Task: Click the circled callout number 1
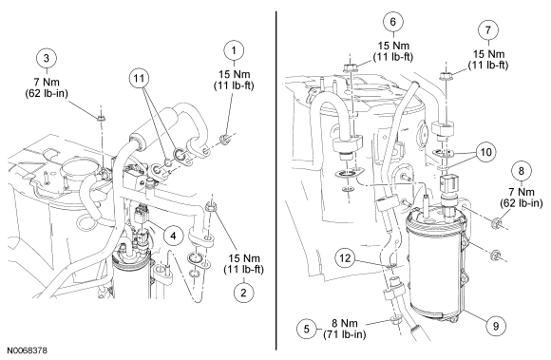(234, 50)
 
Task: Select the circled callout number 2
(244, 293)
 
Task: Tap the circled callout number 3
(47, 58)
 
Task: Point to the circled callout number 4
(173, 236)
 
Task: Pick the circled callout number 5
(307, 329)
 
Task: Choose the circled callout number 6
(393, 22)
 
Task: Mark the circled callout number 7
(487, 30)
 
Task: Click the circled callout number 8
(521, 171)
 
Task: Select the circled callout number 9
(496, 326)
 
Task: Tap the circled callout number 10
(486, 152)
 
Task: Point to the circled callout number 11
(139, 78)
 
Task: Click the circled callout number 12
(345, 258)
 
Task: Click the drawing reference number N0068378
(27, 351)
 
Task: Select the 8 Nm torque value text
(345, 323)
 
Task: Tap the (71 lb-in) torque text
(344, 334)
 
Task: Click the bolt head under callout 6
(350, 68)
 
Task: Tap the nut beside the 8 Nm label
(394, 321)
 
